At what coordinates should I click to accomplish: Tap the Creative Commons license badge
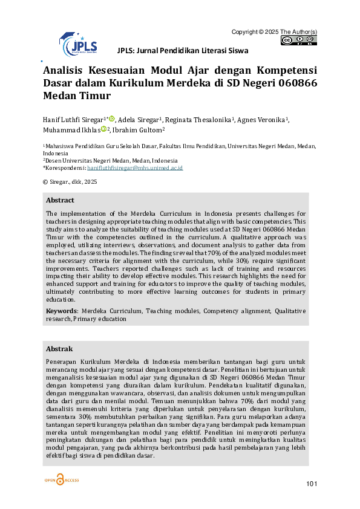pyautogui.click(x=299, y=41)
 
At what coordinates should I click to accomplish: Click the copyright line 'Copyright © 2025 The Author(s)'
pyautogui.click(x=274, y=31)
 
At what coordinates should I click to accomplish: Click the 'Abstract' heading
pyautogui.click(x=60, y=200)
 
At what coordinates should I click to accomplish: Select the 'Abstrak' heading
pyautogui.click(x=59, y=349)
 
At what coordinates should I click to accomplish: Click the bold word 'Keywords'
pyautogui.click(x=61, y=311)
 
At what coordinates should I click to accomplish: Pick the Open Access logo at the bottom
pyautogui.click(x=61, y=480)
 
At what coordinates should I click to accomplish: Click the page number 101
pyautogui.click(x=312, y=483)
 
